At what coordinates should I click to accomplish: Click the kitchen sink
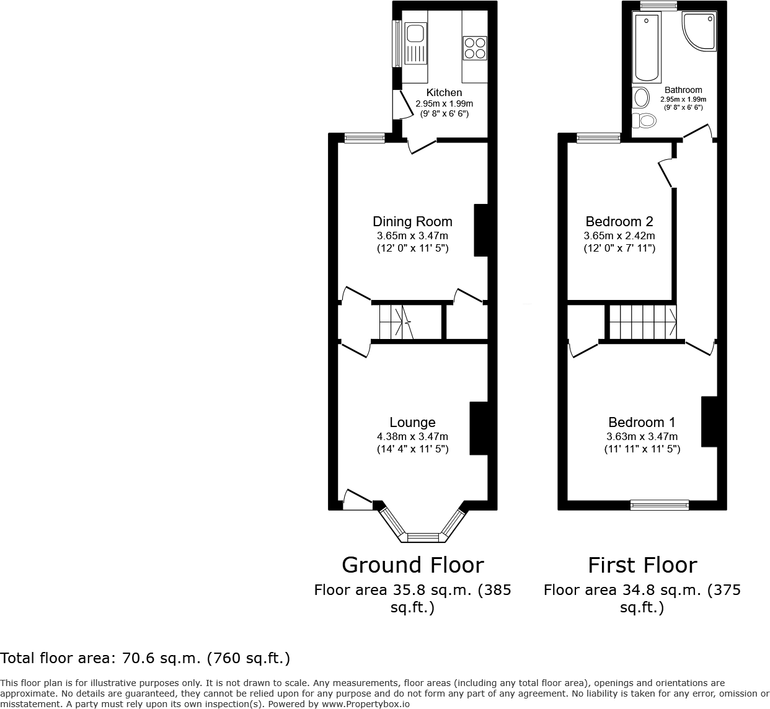414,43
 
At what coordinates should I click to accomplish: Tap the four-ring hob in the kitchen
475,48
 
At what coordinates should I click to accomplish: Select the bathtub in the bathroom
646,48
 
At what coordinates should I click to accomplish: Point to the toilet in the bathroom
644,120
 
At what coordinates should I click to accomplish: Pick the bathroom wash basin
640,97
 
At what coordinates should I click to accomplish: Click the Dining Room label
412,221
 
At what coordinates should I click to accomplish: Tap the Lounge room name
412,423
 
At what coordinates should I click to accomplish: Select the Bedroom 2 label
619,221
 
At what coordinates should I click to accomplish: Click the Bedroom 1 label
642,423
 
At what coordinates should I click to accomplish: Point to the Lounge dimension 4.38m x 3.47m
412,436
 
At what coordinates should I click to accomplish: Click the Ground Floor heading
412,565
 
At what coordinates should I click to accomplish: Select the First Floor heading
642,565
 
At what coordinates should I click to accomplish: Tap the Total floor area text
145,658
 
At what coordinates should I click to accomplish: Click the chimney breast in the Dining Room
481,230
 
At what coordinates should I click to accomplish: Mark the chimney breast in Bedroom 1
709,421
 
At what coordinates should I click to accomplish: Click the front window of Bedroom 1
660,505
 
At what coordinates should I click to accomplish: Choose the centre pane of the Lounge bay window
423,537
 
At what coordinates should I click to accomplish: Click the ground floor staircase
396,322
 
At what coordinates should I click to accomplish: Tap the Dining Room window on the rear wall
365,139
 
